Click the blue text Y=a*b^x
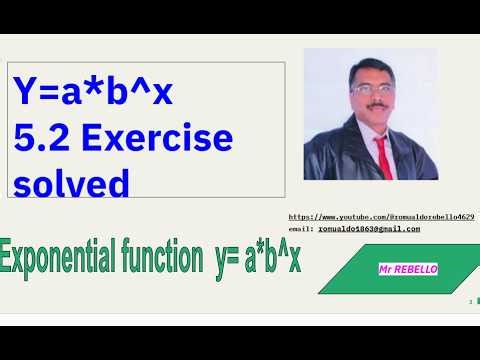[93, 93]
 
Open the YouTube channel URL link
[380, 217]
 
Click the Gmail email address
[369, 228]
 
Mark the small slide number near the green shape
[469, 299]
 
